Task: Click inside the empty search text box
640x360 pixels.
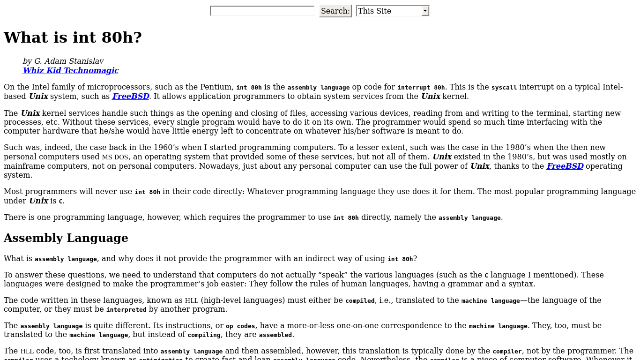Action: (262, 11)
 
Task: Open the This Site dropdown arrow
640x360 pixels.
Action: (425, 11)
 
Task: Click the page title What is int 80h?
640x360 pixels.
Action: (73, 37)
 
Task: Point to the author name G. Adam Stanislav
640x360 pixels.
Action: (69, 61)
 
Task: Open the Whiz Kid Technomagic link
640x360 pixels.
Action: (71, 70)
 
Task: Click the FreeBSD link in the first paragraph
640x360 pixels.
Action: (131, 96)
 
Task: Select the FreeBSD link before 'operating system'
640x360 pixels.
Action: (565, 166)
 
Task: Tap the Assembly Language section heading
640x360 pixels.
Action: (66, 238)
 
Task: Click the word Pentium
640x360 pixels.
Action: (216, 87)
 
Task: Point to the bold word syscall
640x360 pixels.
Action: (504, 87)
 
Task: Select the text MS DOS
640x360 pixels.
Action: (115, 157)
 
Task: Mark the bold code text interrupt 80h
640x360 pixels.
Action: (421, 87)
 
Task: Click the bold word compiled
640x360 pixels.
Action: (360, 300)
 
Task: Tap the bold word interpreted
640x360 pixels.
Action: (126, 310)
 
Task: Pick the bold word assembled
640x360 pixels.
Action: (275, 335)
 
